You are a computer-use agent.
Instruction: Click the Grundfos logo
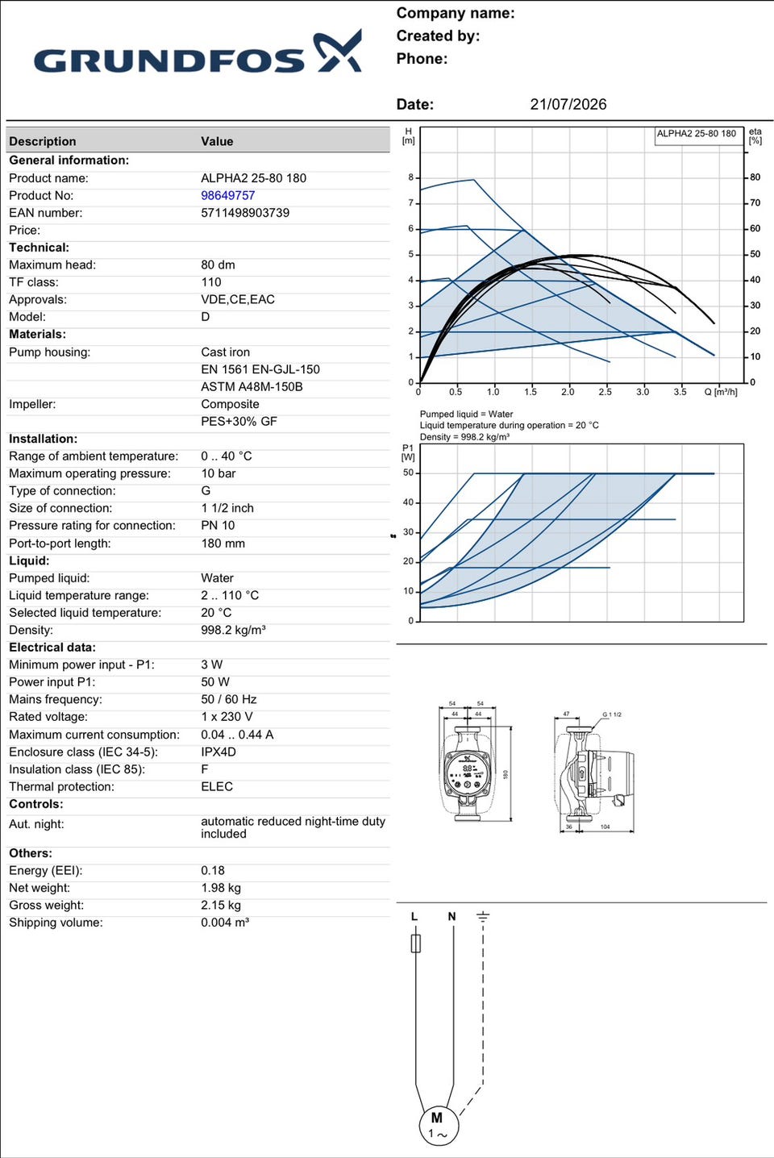click(198, 52)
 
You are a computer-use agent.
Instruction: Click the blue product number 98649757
click(227, 195)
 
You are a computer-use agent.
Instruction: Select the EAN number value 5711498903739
click(245, 213)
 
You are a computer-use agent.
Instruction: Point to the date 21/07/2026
click(568, 104)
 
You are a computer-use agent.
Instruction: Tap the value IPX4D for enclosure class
click(218, 752)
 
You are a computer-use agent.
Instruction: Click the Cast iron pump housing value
click(226, 352)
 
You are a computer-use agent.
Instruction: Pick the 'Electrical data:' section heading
click(52, 648)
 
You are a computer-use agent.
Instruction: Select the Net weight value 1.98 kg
click(221, 888)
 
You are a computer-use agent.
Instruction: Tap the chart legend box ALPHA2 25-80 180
click(698, 136)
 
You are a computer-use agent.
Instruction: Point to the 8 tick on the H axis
click(411, 177)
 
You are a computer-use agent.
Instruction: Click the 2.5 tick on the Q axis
click(605, 392)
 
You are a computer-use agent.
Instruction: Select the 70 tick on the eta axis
click(755, 202)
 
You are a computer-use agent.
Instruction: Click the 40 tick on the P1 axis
click(408, 502)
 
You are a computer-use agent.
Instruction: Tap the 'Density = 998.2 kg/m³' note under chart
click(465, 437)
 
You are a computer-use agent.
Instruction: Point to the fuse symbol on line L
click(416, 943)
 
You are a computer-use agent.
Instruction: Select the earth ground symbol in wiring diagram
click(483, 918)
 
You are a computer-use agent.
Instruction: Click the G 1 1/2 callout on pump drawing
click(612, 714)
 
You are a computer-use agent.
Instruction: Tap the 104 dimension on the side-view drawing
click(605, 827)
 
